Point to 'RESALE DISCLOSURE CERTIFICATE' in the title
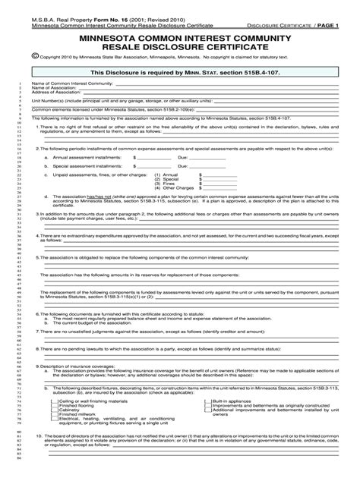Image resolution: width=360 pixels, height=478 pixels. pyautogui.click(x=179, y=55)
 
